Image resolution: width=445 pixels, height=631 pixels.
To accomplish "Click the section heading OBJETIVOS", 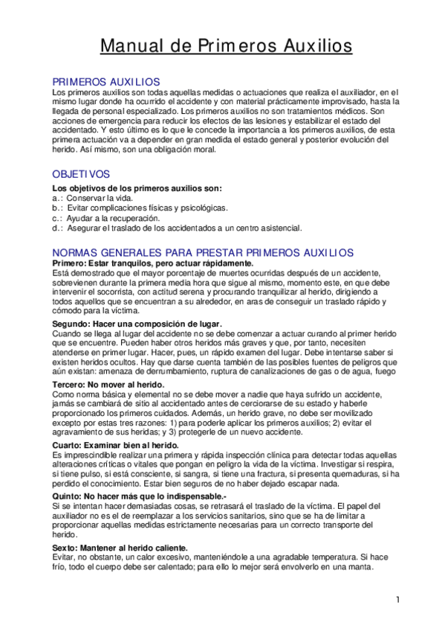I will pyautogui.click(x=81, y=173).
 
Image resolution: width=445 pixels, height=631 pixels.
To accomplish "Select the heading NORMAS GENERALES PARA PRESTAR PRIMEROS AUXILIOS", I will pyautogui.click(x=203, y=252).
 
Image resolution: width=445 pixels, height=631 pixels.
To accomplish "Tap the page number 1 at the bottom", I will pyautogui.click(x=398, y=600).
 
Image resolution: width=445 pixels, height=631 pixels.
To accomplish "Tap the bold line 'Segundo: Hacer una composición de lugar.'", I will pyautogui.click(x=137, y=324).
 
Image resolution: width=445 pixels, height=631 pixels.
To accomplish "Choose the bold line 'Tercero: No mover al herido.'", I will pyautogui.click(x=108, y=385).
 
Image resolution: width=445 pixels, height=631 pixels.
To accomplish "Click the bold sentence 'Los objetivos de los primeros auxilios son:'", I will pyautogui.click(x=137, y=189).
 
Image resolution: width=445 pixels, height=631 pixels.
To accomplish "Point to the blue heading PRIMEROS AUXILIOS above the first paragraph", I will pyautogui.click(x=105, y=80).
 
